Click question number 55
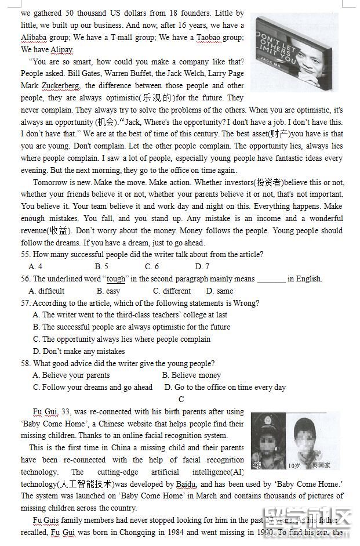26,255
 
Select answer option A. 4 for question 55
35,267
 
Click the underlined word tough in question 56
116,279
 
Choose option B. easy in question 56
108,291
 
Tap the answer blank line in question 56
271,280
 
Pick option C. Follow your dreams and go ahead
93,388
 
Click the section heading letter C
181,399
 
